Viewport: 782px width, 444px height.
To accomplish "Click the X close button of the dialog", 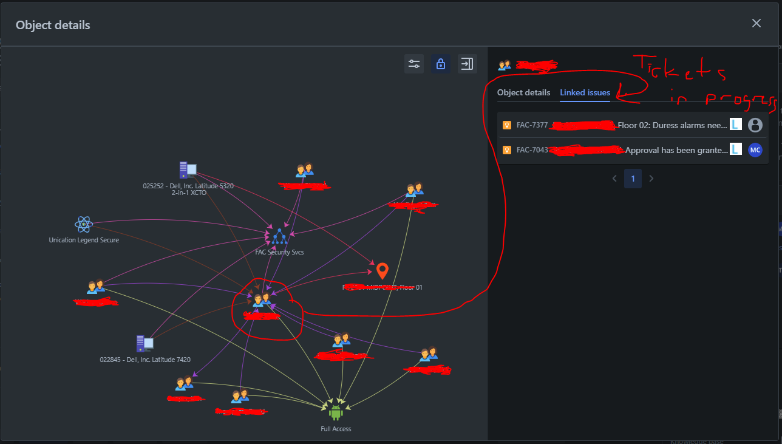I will [756, 23].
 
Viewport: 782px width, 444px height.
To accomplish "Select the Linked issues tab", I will [585, 93].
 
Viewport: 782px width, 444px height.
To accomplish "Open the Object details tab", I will [523, 93].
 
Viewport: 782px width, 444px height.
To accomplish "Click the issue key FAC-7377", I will [532, 125].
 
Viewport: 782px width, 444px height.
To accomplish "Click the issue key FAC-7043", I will [532, 150].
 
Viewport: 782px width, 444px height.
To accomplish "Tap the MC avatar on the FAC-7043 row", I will [755, 150].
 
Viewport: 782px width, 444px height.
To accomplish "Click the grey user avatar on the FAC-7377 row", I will [755, 125].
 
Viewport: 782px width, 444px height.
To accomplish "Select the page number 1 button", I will [633, 179].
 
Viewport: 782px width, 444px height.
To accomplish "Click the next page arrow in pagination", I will [651, 179].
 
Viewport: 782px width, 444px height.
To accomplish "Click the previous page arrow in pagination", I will [614, 179].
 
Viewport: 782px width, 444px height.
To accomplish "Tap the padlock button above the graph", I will [440, 64].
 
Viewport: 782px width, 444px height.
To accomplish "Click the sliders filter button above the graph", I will [414, 64].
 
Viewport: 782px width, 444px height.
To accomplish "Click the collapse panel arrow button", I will [467, 64].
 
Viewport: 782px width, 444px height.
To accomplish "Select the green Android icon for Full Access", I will [335, 413].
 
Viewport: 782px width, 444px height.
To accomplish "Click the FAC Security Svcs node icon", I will [279, 237].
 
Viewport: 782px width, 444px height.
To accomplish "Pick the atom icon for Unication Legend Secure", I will [83, 225].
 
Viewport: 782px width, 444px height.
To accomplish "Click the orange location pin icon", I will [382, 271].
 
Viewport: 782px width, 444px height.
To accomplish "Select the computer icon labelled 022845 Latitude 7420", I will [144, 344].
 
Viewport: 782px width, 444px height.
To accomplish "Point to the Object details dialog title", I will [53, 25].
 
